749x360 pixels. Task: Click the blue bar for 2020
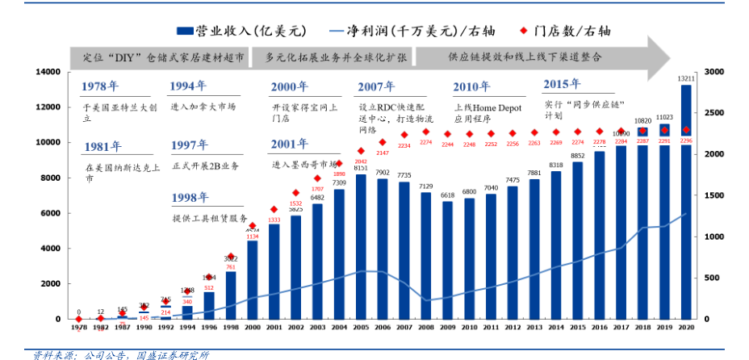(x=686, y=202)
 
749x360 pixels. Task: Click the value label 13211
(x=686, y=78)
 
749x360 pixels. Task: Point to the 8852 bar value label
(x=577, y=156)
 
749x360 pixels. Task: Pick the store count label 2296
(x=686, y=140)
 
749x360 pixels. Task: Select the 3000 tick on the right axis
(x=714, y=72)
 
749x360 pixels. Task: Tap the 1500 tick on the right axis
(x=714, y=195)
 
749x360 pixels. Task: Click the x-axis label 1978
(x=79, y=328)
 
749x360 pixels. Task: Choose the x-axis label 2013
(x=534, y=328)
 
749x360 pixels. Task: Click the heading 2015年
(x=563, y=84)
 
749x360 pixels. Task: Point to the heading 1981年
(x=103, y=146)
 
